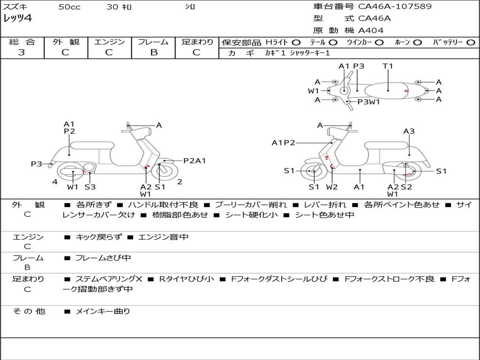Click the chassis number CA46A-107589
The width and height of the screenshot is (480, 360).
tap(395, 7)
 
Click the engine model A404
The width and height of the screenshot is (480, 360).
tap(371, 30)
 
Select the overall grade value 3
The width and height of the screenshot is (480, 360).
tap(22, 52)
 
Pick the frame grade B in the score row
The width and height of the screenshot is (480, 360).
tap(154, 52)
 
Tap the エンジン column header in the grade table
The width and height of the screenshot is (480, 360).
tap(109, 42)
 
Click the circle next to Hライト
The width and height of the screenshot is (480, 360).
tap(296, 42)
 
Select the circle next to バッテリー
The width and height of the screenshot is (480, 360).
tap(471, 42)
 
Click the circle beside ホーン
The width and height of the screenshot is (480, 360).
tap(417, 42)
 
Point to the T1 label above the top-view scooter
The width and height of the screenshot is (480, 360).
tap(388, 66)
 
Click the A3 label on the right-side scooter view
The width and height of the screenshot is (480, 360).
tap(409, 131)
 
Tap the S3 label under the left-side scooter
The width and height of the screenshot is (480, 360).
tap(90, 187)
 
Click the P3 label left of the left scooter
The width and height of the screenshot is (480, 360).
tap(37, 164)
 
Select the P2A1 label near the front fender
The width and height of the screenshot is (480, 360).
tap(195, 161)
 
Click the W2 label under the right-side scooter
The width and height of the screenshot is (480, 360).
tap(332, 187)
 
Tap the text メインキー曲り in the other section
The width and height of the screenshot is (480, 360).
tap(103, 311)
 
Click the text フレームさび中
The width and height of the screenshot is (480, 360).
tap(103, 258)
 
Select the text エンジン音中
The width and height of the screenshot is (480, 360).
tap(163, 237)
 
